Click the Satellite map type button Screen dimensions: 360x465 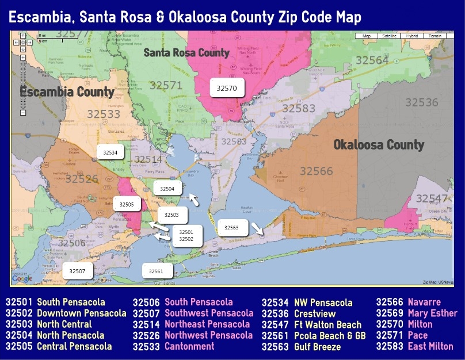(x=390, y=36)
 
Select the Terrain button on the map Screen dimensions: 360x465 (x=434, y=36)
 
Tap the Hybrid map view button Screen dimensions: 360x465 (x=412, y=36)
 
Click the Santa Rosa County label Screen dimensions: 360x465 (x=186, y=53)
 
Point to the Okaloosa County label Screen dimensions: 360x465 (x=379, y=145)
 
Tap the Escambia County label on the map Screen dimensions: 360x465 (x=67, y=92)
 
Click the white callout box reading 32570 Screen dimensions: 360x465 (x=227, y=88)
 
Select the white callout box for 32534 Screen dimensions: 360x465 (x=110, y=153)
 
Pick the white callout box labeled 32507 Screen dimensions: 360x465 (x=77, y=270)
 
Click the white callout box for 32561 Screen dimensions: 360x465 (x=157, y=271)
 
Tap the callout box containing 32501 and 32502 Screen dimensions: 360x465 (x=186, y=235)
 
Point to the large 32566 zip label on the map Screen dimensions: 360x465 (x=316, y=171)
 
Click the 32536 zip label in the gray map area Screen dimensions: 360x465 (x=421, y=102)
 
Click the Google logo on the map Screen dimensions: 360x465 (x=22, y=278)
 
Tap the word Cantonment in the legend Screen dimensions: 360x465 (x=189, y=346)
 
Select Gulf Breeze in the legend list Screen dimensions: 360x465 (x=317, y=347)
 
